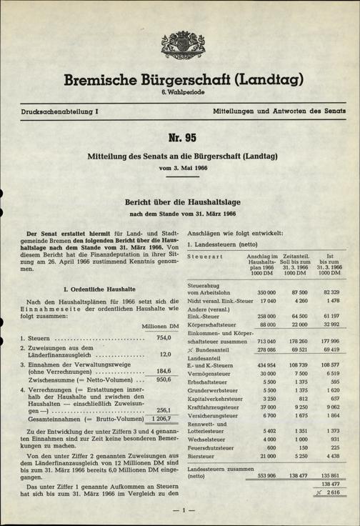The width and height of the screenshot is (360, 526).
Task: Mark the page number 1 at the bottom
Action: (x=183, y=510)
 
